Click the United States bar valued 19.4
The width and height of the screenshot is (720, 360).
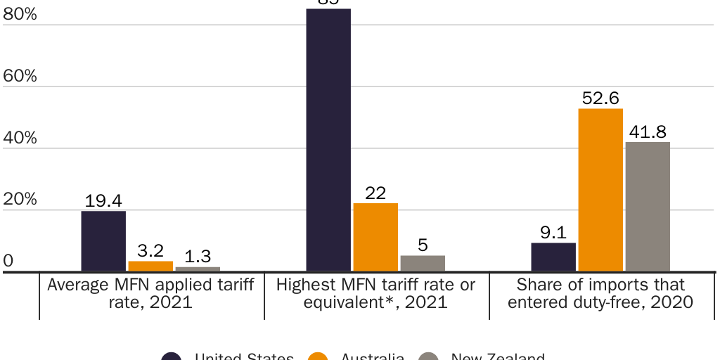[x=103, y=240]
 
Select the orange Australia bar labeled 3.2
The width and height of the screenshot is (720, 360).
[x=150, y=266]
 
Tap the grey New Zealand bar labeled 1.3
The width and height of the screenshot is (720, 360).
[x=198, y=269]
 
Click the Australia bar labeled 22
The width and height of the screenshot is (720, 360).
[x=375, y=237]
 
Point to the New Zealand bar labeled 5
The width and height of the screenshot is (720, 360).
[x=423, y=263]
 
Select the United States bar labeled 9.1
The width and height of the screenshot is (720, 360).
[x=553, y=257]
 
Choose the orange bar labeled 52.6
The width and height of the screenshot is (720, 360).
[x=600, y=190]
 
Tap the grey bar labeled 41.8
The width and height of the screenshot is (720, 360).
[x=648, y=206]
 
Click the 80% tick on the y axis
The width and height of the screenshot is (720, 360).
[x=20, y=14]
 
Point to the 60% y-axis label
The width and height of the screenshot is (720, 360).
[x=20, y=76]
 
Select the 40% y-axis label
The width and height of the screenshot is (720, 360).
[x=20, y=138]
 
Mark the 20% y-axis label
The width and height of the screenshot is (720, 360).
[x=20, y=200]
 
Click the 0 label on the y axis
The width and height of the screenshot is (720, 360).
[x=8, y=261]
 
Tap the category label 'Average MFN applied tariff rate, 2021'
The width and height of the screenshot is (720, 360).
[x=150, y=294]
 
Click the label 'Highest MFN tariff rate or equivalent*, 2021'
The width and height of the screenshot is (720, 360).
[x=375, y=294]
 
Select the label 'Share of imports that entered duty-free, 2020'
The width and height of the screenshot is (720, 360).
[x=600, y=294]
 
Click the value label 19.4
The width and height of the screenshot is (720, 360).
[x=103, y=201]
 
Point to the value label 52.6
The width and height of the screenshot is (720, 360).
[x=600, y=98]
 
